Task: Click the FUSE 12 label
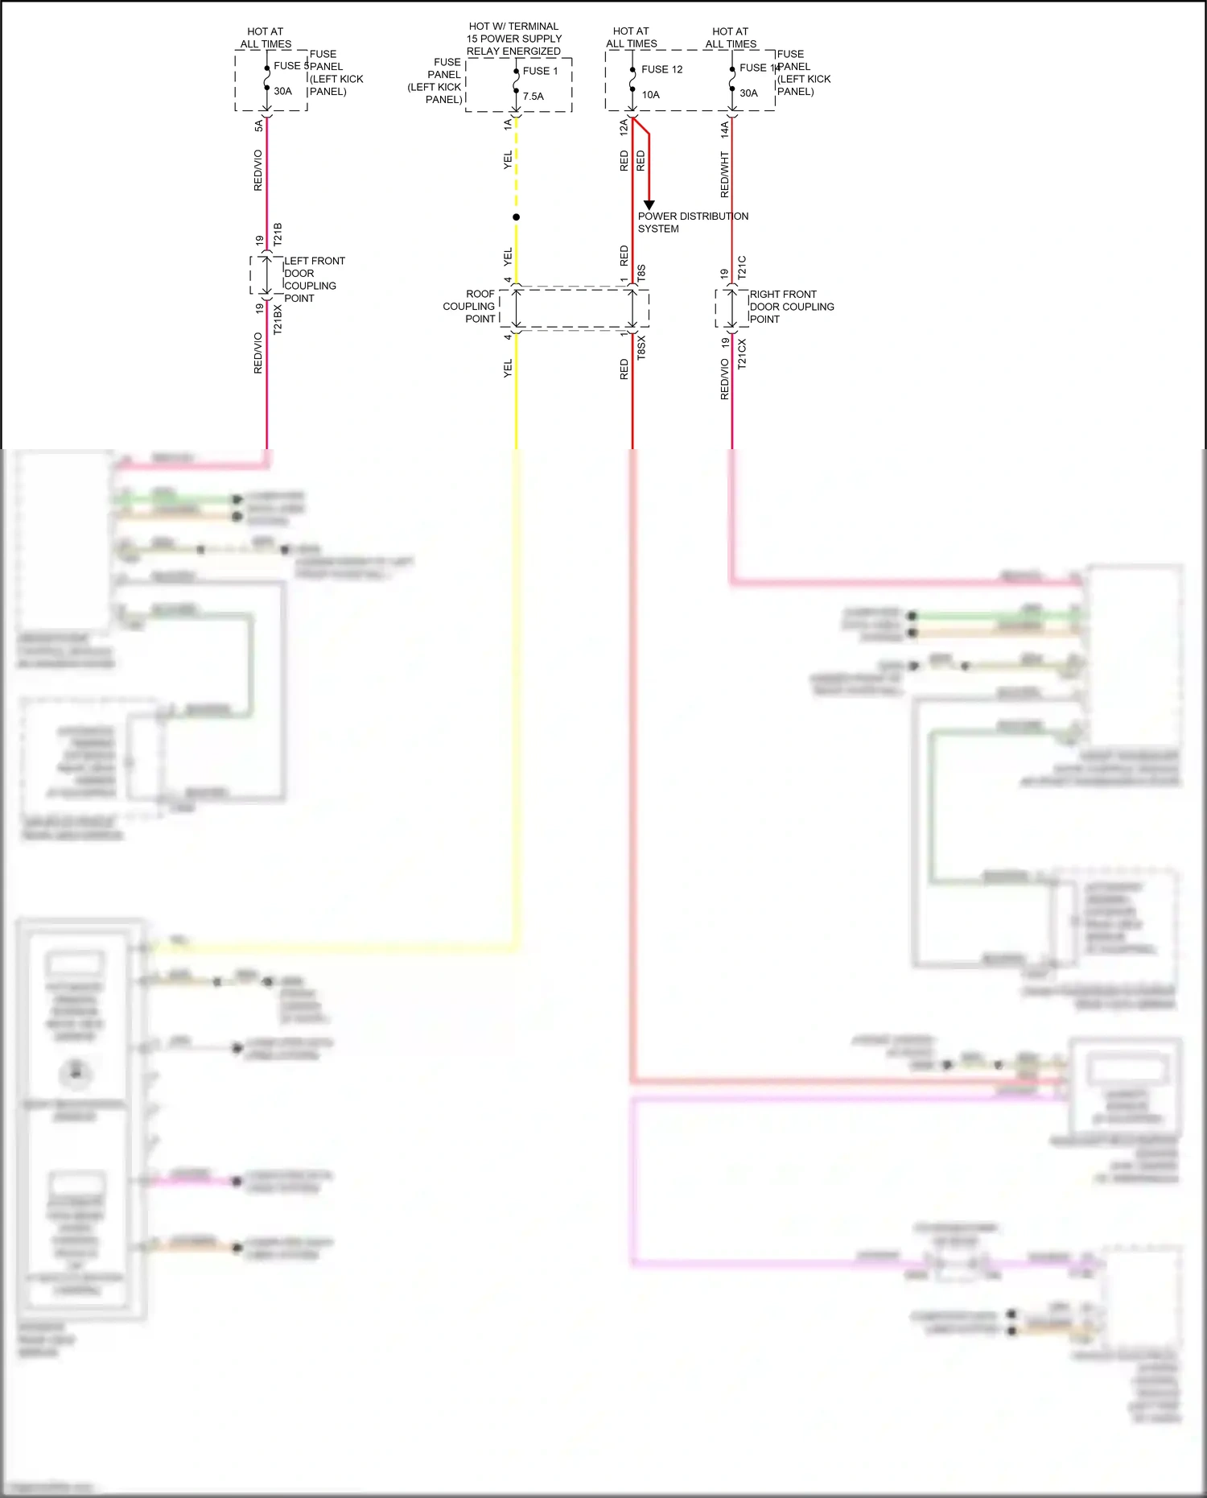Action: click(661, 70)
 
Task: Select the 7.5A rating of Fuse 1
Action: click(533, 97)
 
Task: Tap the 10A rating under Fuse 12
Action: click(650, 95)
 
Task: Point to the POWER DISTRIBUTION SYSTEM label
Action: click(693, 222)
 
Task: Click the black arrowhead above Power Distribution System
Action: click(649, 205)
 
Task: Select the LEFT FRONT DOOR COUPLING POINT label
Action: click(314, 279)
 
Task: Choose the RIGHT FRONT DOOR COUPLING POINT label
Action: click(791, 307)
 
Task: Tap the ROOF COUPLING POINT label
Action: click(469, 307)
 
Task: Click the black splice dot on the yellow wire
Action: click(516, 217)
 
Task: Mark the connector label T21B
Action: click(278, 234)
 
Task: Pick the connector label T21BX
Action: click(278, 320)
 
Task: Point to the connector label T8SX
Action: click(641, 348)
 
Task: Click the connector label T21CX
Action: click(742, 353)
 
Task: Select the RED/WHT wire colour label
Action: click(724, 175)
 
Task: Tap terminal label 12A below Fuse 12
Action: click(624, 126)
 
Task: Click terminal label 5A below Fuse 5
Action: click(258, 126)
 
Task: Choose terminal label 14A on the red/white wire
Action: click(724, 128)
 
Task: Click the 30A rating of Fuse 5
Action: click(282, 92)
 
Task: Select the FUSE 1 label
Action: click(540, 71)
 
